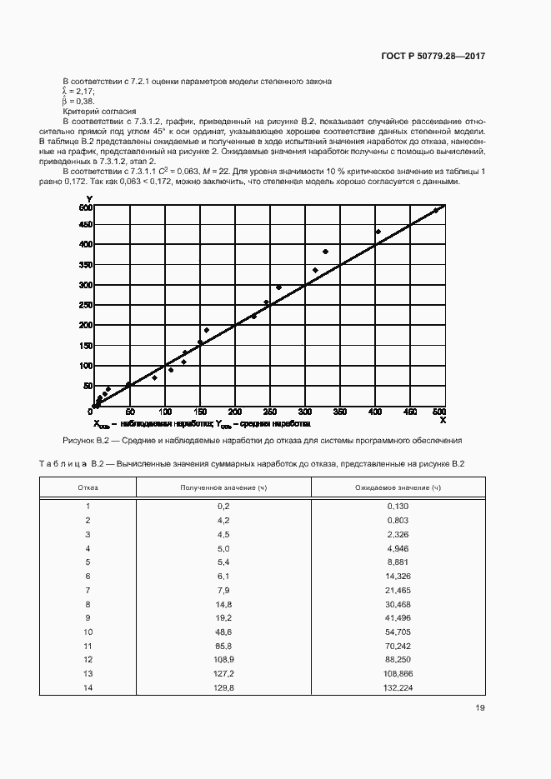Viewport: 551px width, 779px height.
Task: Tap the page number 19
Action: click(x=479, y=708)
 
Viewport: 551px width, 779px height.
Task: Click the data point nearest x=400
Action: click(x=378, y=232)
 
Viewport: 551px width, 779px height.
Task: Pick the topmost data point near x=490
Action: click(x=435, y=211)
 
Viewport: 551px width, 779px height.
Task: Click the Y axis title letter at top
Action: click(x=88, y=197)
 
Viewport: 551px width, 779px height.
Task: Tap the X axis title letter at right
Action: click(x=443, y=422)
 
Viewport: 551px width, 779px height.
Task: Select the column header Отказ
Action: click(x=88, y=487)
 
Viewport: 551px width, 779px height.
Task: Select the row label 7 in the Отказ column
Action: click(x=88, y=590)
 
